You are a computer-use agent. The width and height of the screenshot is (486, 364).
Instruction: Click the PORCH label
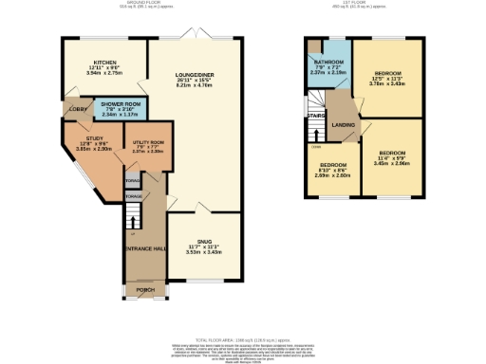[145, 290]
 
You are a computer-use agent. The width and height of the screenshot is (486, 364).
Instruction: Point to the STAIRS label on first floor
[316, 116]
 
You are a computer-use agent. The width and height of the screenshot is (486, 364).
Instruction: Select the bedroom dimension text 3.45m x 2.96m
[391, 163]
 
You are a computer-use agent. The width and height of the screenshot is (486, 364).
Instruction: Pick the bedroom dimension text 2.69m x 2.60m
[331, 174]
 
